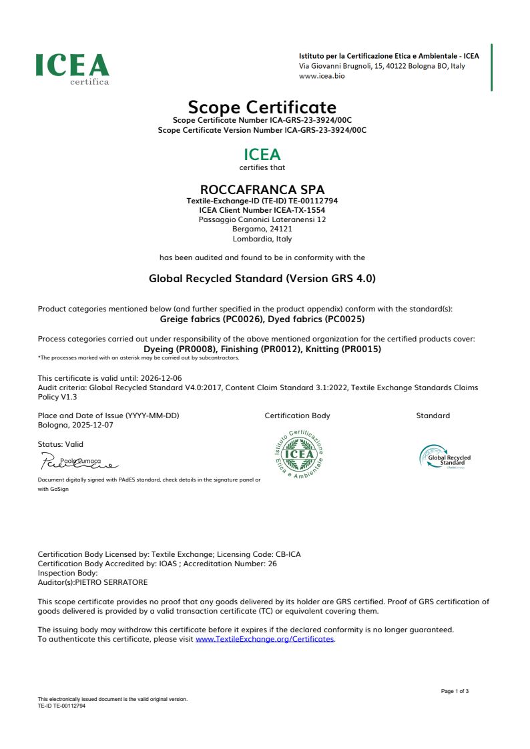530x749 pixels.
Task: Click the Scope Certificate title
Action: coord(262,107)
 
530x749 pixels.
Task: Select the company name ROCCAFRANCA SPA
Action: coord(262,189)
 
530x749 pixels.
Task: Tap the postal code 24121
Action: coord(279,229)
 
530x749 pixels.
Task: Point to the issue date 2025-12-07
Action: coord(91,425)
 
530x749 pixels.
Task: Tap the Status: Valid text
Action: coord(61,444)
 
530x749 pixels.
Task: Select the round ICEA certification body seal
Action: coord(298,454)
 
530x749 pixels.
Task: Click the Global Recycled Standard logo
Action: coord(445,458)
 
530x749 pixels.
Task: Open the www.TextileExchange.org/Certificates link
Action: coord(264,639)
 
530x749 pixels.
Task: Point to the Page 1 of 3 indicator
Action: coord(455,691)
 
